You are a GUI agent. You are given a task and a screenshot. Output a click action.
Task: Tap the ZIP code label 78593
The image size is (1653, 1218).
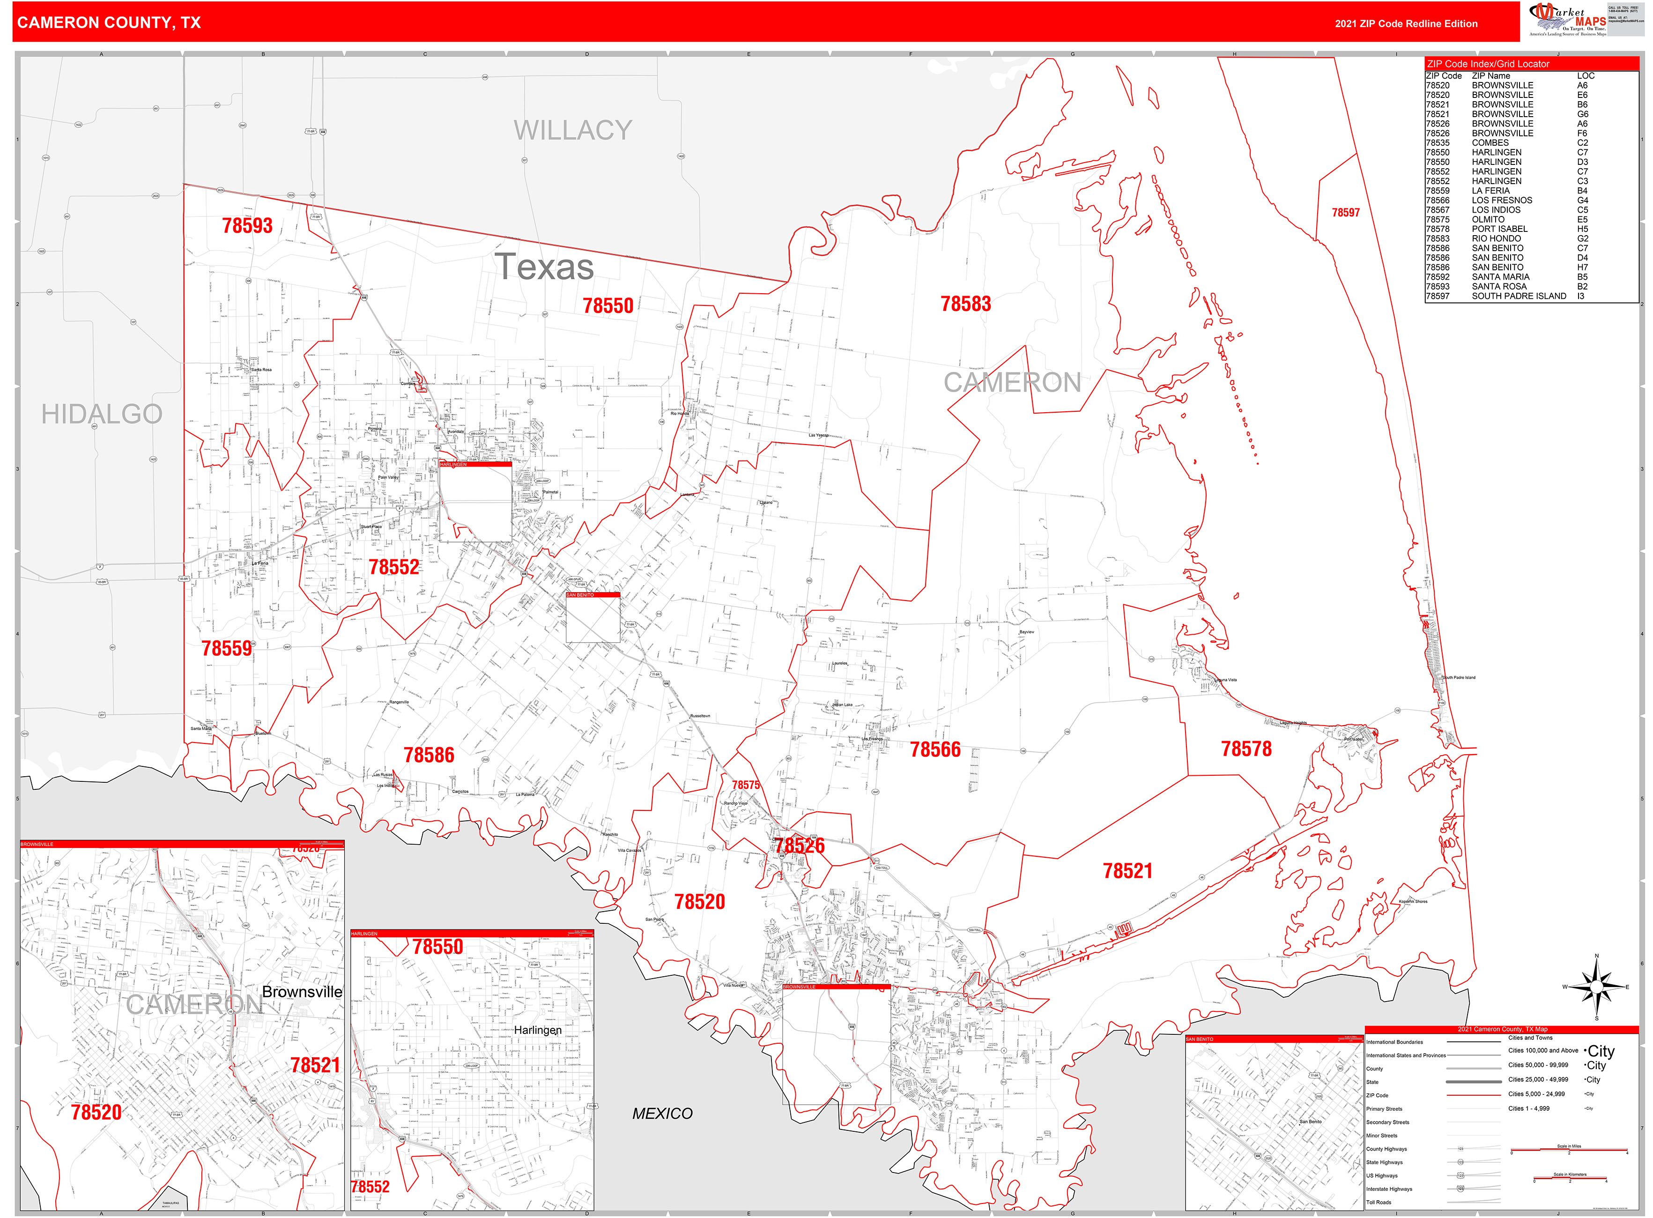pyautogui.click(x=247, y=226)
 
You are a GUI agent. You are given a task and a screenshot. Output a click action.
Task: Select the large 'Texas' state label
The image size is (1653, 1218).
pyautogui.click(x=544, y=267)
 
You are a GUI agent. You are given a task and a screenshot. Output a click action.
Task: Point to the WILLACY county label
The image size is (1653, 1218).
pyautogui.click(x=573, y=131)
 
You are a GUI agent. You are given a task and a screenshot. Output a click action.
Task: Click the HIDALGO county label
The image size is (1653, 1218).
pyautogui.click(x=102, y=415)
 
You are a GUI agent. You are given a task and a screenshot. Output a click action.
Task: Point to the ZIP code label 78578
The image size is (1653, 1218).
pyautogui.click(x=1246, y=749)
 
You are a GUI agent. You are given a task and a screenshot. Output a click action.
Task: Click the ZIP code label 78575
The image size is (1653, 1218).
pyautogui.click(x=745, y=785)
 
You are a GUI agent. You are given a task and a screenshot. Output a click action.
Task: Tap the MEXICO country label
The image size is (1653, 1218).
pyautogui.click(x=662, y=1114)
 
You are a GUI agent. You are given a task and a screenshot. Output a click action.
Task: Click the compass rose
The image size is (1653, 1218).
pyautogui.click(x=1596, y=987)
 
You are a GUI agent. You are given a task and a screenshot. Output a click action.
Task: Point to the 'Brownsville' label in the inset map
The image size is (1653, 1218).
pyautogui.click(x=302, y=992)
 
